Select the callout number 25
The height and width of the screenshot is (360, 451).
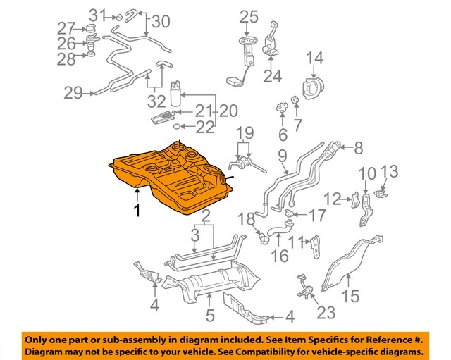[x=249, y=16]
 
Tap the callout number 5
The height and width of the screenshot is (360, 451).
[x=209, y=314]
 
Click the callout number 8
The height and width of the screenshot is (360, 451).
[x=357, y=148]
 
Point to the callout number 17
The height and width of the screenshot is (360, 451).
[x=318, y=215]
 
